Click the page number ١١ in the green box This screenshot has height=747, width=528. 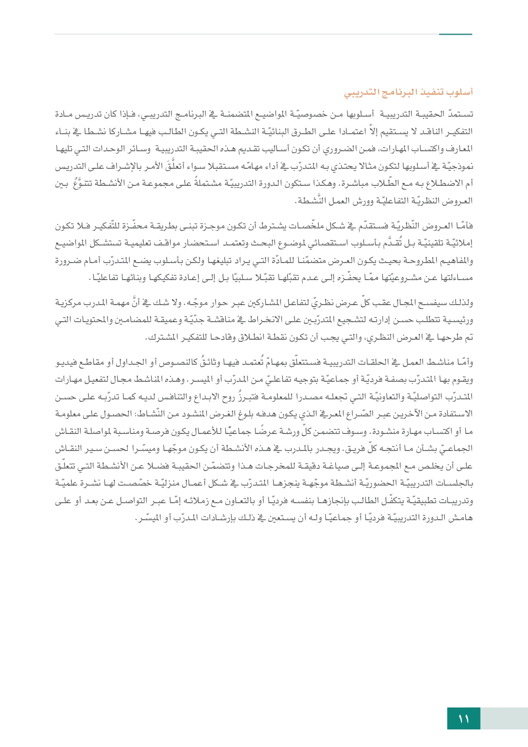point(464,719)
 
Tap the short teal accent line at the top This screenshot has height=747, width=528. point(456,35)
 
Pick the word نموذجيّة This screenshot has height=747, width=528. point(457,167)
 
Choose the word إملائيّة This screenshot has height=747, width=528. point(459,244)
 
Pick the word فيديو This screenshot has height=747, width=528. point(66,363)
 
